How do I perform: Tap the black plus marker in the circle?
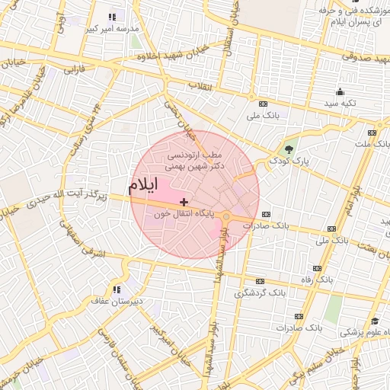184,201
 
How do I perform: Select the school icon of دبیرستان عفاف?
117,289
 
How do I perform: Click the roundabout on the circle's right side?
226,218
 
